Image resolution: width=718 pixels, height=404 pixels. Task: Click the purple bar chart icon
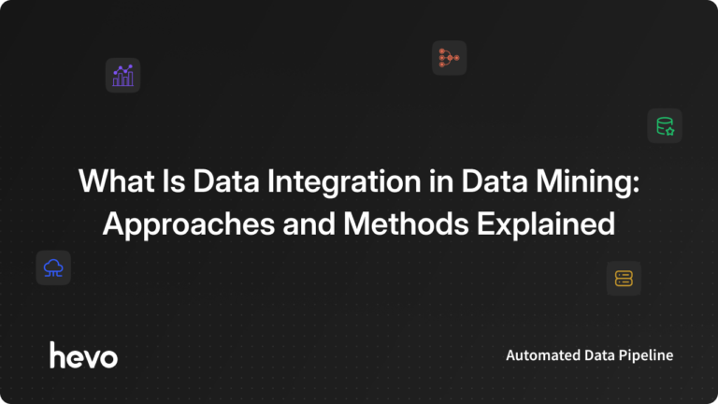(122, 76)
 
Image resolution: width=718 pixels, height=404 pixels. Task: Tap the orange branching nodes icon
(449, 58)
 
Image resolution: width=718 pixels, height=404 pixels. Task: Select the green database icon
(665, 126)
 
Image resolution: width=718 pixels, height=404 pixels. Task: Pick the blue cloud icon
(53, 268)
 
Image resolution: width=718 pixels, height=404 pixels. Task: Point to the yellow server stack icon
(624, 279)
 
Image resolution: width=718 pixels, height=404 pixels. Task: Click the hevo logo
(84, 355)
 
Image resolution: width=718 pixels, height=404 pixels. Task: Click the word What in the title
(116, 180)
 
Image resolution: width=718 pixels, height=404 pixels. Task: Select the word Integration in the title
(344, 180)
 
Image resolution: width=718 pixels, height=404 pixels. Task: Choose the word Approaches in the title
(189, 224)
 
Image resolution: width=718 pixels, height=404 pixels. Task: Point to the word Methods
(406, 224)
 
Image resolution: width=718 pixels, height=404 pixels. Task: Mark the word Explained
(546, 224)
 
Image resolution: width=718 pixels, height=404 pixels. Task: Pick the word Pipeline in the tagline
(646, 356)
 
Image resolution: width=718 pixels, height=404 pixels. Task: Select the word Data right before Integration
(226, 180)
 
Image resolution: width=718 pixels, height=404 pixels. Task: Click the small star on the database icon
(670, 132)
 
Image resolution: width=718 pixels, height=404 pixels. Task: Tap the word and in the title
(309, 224)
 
